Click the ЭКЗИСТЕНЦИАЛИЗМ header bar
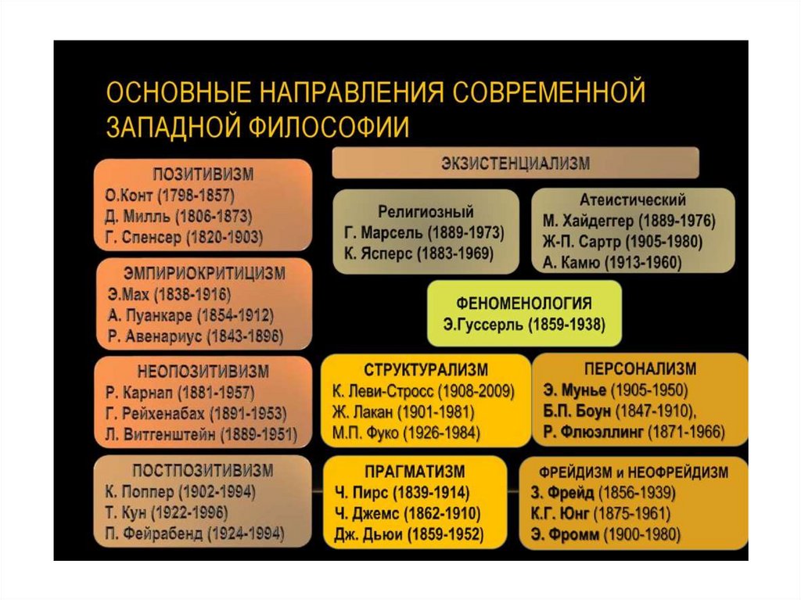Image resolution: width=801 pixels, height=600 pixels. pos(515,163)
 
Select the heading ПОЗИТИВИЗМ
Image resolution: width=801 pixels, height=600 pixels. pos(203,174)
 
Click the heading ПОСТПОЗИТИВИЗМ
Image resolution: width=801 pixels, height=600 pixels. pos(203,470)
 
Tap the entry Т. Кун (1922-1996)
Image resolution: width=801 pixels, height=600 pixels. pos(166,513)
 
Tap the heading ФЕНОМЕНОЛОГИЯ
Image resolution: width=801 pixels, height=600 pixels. pos(524,303)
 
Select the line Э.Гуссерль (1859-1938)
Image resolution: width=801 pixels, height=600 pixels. pos(524,324)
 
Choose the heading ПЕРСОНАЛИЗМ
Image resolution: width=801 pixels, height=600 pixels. pos(640,368)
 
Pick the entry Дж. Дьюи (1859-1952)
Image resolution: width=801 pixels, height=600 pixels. pos(408,535)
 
